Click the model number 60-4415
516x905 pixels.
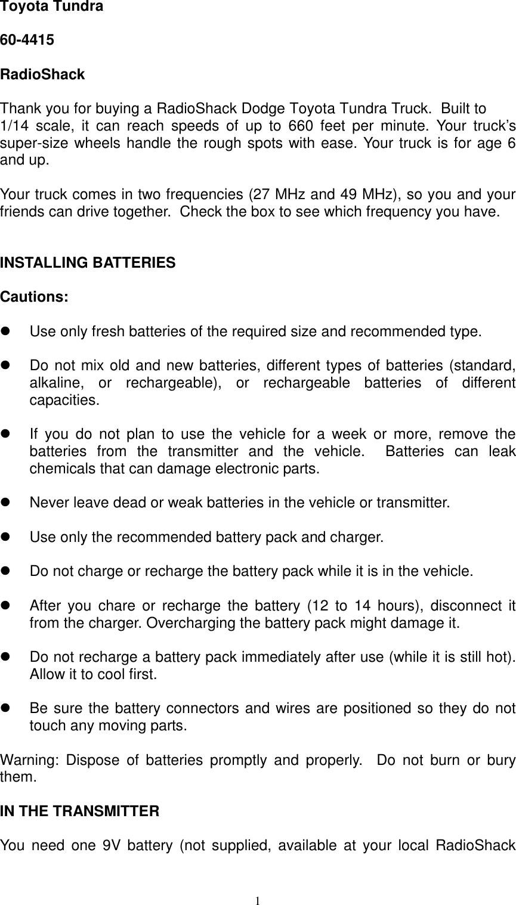[x=27, y=41]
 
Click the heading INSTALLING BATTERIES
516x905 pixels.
[x=88, y=263]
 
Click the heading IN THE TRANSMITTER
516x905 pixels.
[x=80, y=812]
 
